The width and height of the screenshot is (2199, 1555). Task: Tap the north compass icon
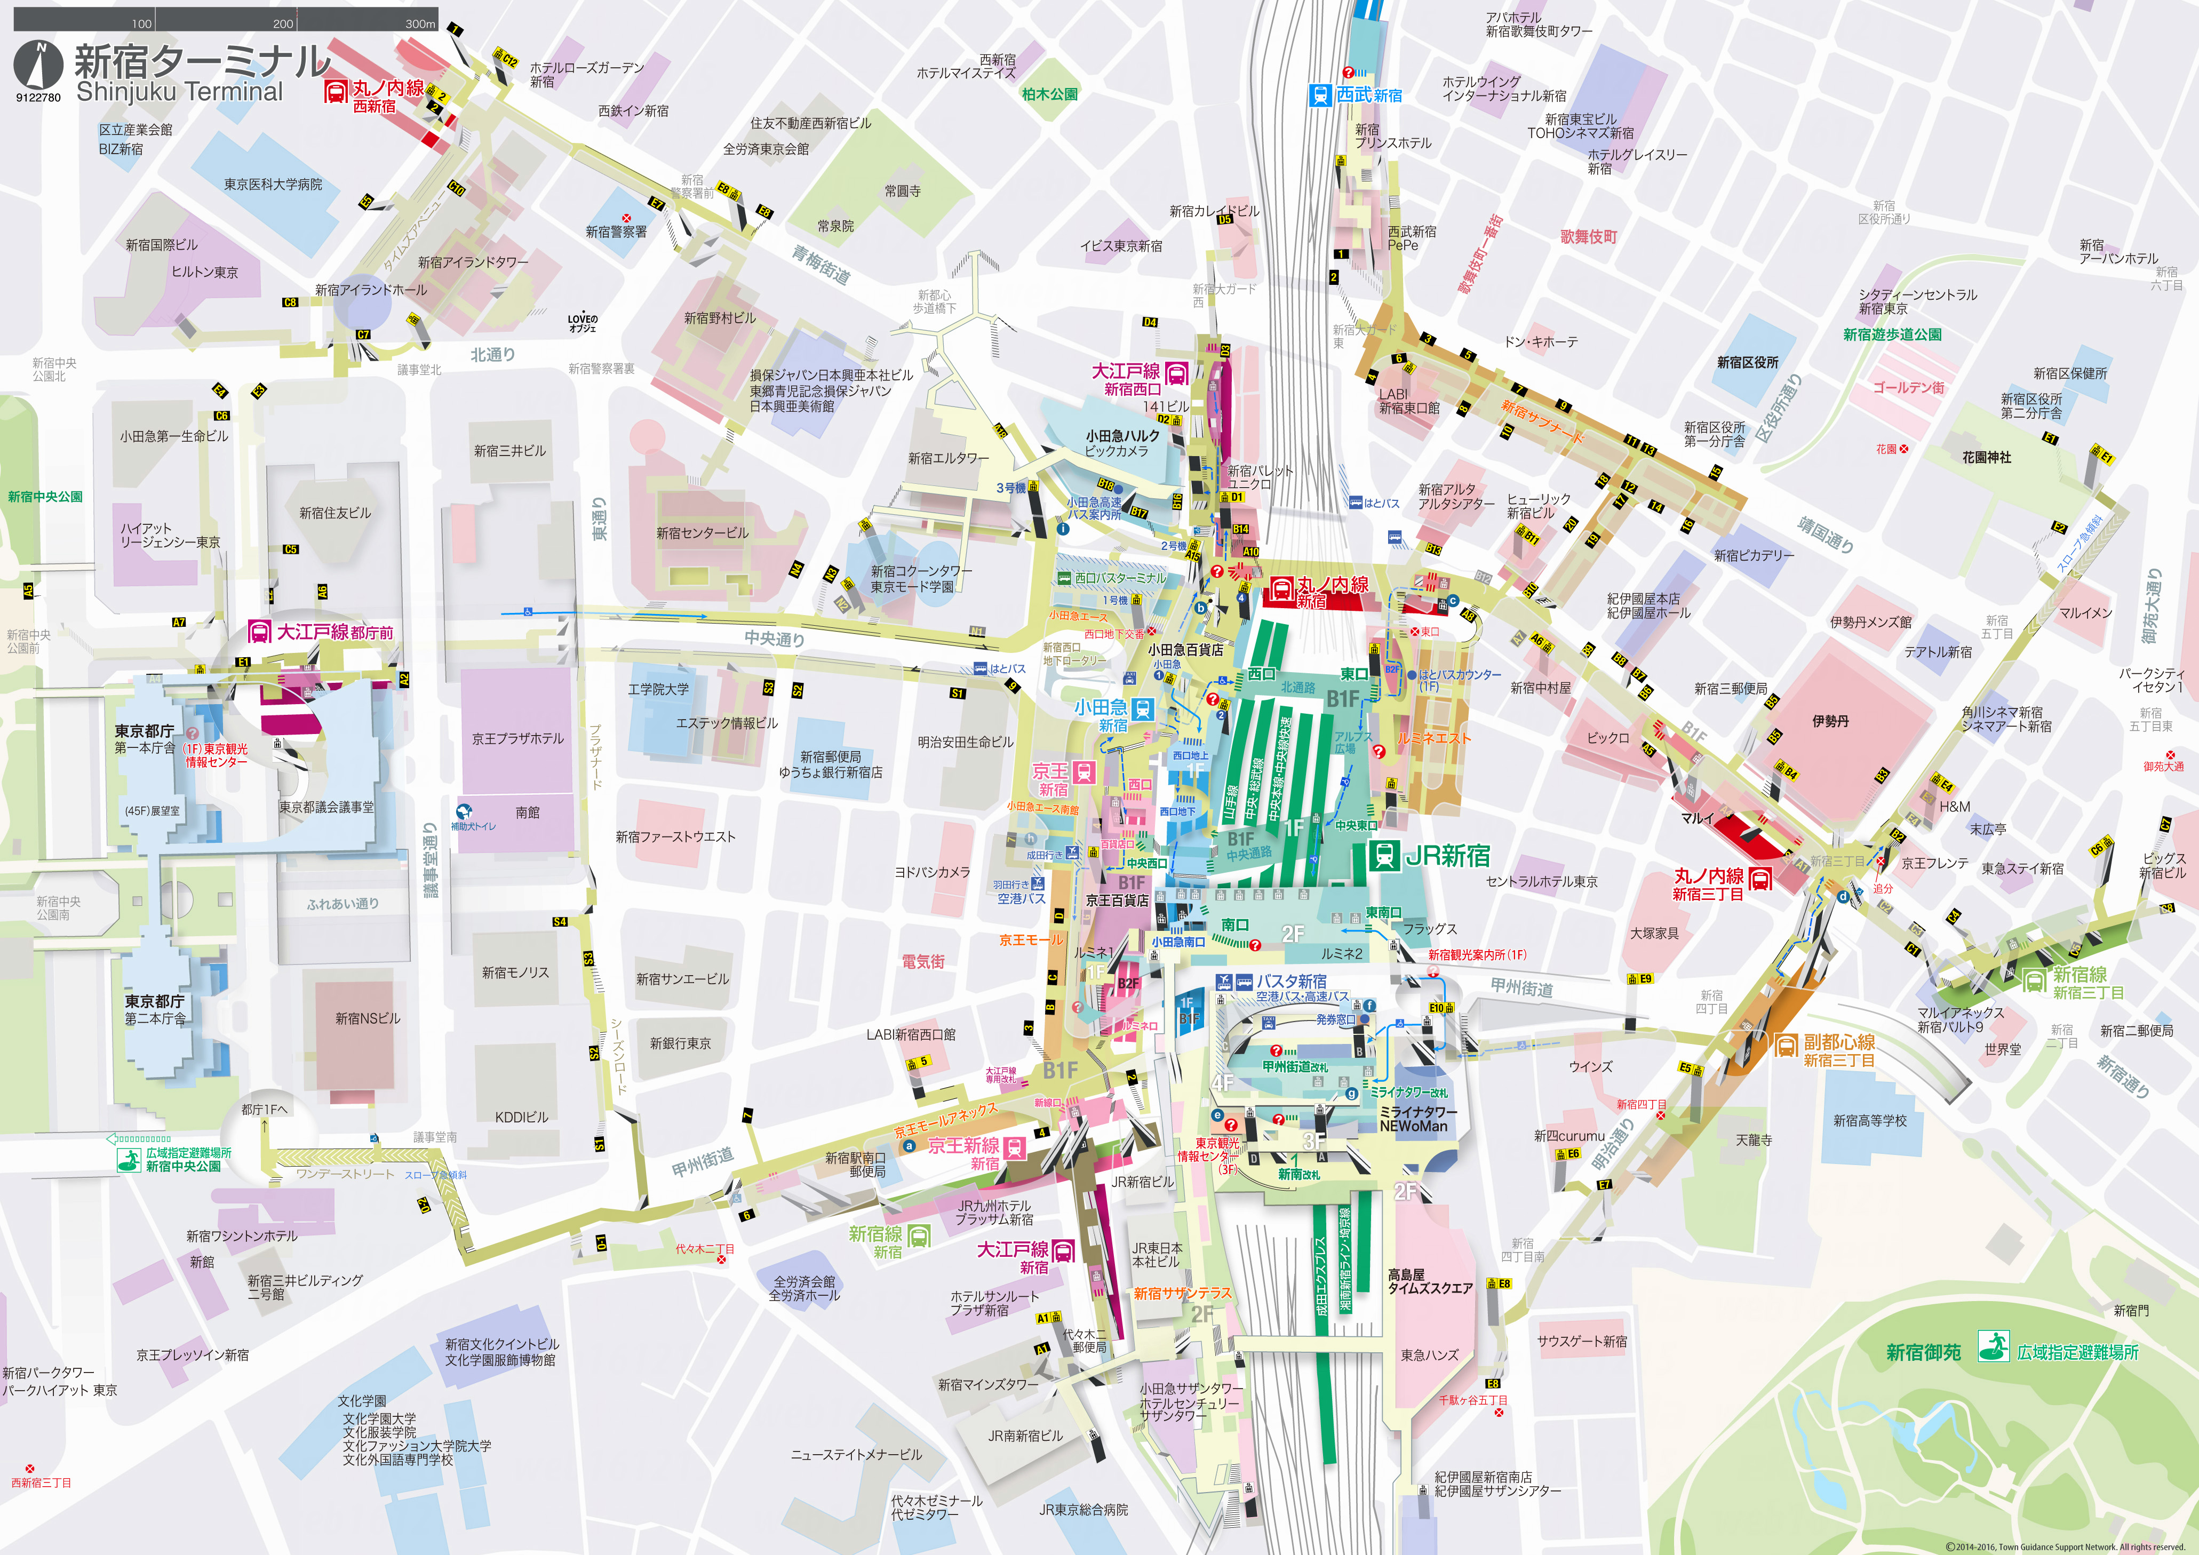pyautogui.click(x=38, y=65)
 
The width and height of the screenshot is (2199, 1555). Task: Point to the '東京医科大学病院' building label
pyautogui.click(x=273, y=185)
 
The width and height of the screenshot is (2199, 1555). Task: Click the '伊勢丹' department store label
pyautogui.click(x=1830, y=721)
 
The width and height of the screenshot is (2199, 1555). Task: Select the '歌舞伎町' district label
pyautogui.click(x=1589, y=236)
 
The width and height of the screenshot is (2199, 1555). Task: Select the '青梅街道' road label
pyautogui.click(x=821, y=264)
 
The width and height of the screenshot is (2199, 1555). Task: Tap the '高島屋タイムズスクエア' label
pyautogui.click(x=1430, y=1281)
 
